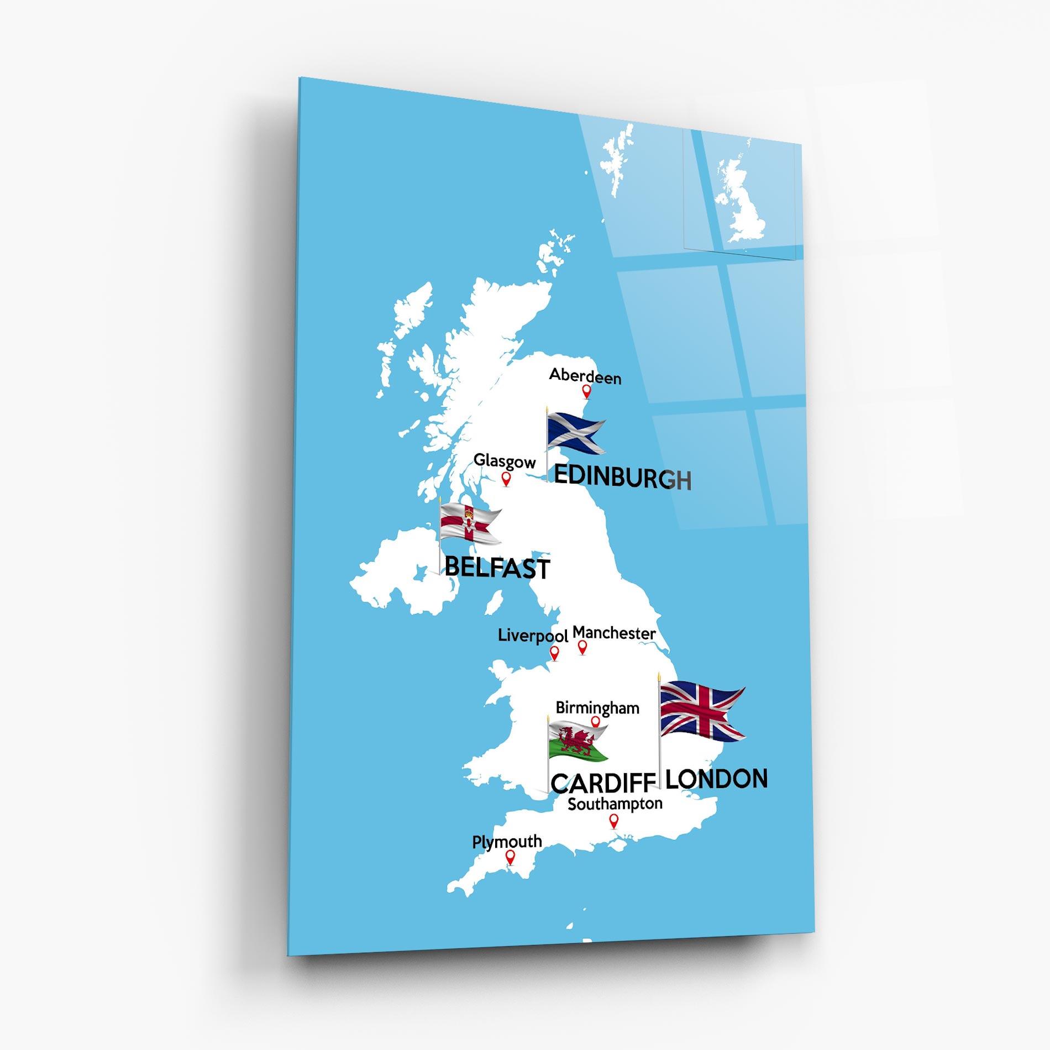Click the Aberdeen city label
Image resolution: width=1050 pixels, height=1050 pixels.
click(x=585, y=376)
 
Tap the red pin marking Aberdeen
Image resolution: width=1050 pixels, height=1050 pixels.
click(x=586, y=391)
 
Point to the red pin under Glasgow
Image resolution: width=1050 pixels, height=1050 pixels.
click(x=506, y=479)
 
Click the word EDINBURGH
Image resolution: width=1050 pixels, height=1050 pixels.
click(x=622, y=477)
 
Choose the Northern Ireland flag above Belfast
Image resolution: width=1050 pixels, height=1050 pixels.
click(x=469, y=523)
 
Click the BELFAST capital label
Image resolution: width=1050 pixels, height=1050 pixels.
click(x=497, y=568)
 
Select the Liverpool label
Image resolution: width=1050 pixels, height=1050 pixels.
click(x=533, y=636)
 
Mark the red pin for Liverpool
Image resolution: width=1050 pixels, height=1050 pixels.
click(x=554, y=653)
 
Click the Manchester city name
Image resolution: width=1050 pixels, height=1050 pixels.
click(x=614, y=633)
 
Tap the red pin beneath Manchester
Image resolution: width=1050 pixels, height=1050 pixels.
click(x=582, y=647)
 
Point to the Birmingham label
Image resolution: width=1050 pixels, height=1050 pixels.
click(x=597, y=708)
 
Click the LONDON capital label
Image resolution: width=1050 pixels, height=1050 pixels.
click(x=716, y=779)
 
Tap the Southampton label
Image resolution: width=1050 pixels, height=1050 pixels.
click(x=615, y=804)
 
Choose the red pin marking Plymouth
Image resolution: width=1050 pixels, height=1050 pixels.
click(x=511, y=872)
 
